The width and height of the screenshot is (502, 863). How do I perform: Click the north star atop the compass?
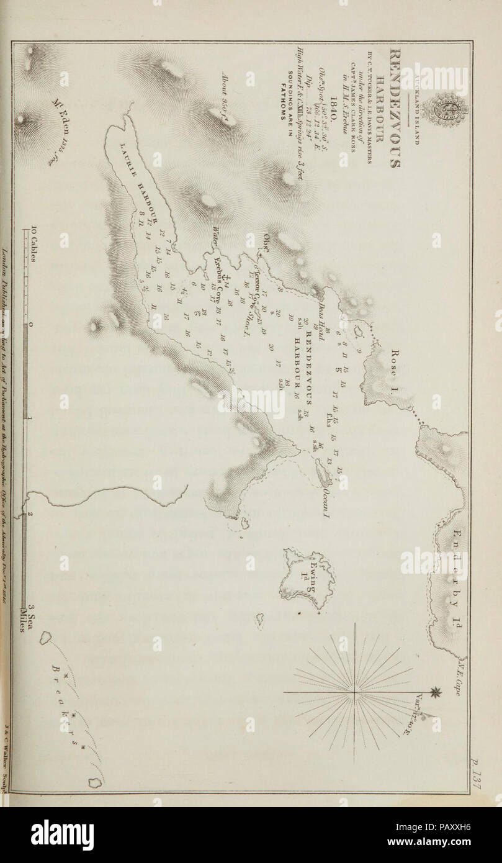(441, 691)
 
